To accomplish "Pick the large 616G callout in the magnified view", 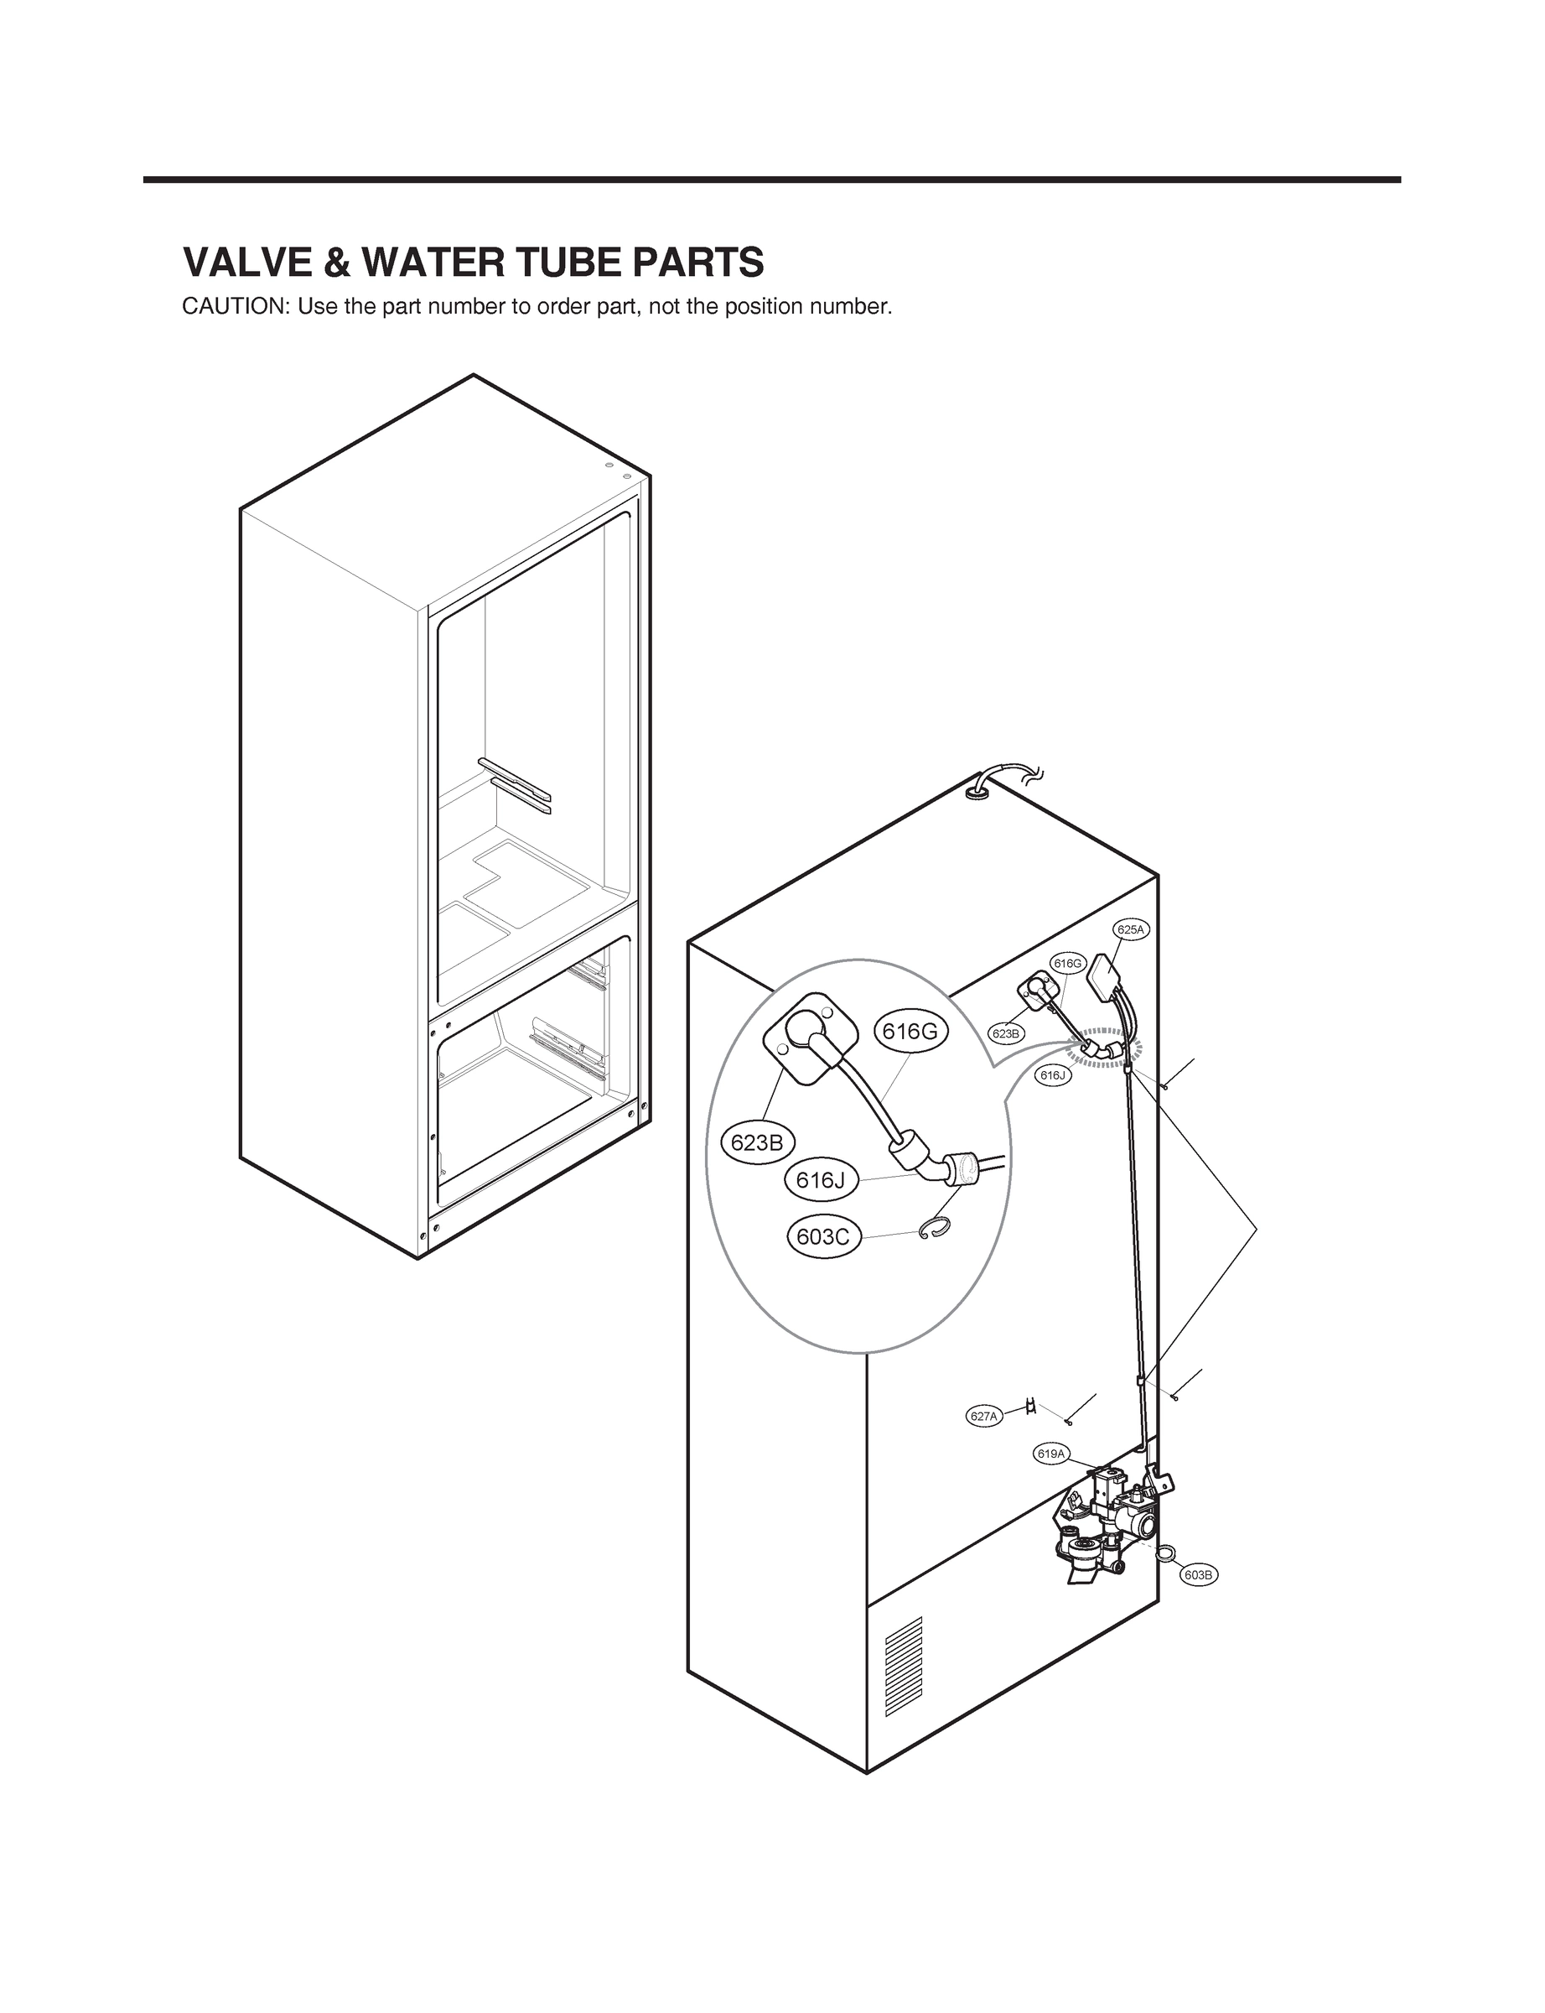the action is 910,1032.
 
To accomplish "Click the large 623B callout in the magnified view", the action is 757,1142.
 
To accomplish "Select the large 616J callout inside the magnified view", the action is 821,1180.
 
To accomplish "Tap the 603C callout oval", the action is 823,1236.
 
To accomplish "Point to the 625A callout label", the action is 1130,929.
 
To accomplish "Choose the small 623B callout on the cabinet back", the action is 1006,1034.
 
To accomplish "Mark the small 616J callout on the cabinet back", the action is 1053,1074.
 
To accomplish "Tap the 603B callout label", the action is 1200,1575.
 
